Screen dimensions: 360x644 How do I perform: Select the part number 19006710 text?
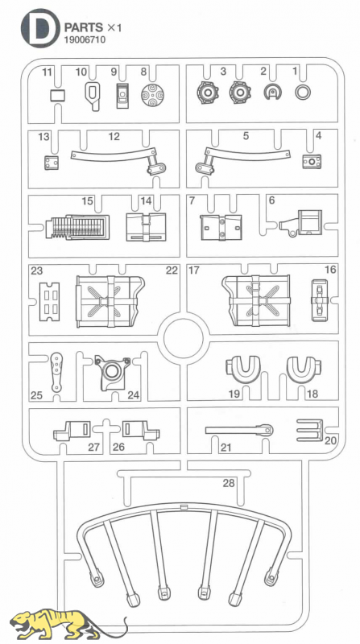85,39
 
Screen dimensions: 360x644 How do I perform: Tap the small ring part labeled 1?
303,93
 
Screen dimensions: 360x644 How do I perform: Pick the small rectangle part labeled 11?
58,96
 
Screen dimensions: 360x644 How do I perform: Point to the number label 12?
114,136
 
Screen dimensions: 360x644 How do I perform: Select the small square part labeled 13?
51,163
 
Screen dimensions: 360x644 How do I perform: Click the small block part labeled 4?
312,162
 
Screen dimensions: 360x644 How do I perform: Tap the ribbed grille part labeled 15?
77,227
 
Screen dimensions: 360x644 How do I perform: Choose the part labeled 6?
302,224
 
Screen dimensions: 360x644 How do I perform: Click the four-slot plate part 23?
49,302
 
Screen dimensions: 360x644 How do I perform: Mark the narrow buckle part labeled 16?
319,300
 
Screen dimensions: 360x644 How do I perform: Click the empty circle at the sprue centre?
184,338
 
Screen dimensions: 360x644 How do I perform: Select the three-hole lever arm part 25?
56,372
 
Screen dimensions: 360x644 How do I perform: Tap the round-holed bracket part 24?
112,371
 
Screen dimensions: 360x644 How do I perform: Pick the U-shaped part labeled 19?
243,369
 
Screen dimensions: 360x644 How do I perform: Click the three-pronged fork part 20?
310,431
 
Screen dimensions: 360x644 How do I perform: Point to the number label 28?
229,483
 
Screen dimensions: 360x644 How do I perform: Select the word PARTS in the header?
84,28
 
